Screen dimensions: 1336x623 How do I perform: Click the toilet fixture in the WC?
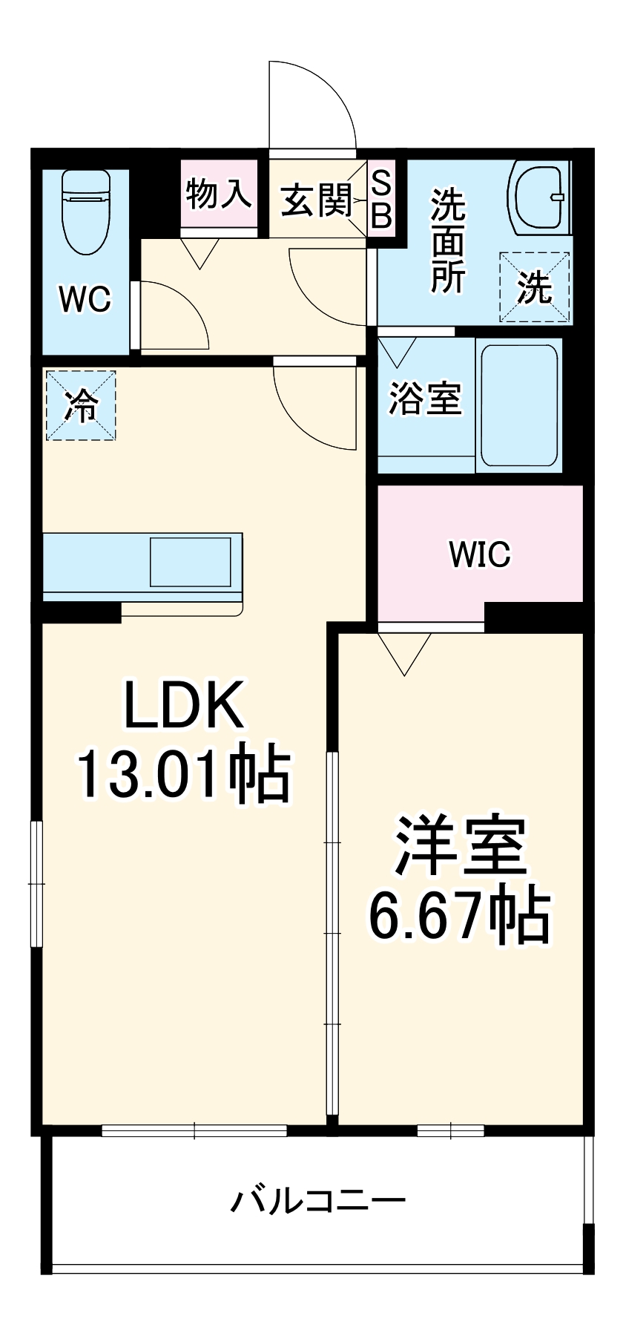coord(87,211)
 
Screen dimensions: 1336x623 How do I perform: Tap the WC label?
coord(85,299)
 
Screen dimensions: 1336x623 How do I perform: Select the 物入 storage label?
coord(219,194)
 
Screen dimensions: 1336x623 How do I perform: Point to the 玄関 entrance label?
coord(316,200)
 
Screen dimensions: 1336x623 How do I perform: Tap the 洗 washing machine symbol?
coord(535,287)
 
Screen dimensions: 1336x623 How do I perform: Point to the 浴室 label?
coord(426,399)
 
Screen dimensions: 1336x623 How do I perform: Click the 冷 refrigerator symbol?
coord(81,405)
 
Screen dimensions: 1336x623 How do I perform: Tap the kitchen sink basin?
coord(191,562)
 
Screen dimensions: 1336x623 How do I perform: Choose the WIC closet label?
coord(480,554)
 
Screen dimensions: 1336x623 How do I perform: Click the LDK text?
coord(183,705)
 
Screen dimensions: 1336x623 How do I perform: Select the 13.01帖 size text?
coord(183,774)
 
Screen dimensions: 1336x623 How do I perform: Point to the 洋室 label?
coord(460,845)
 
